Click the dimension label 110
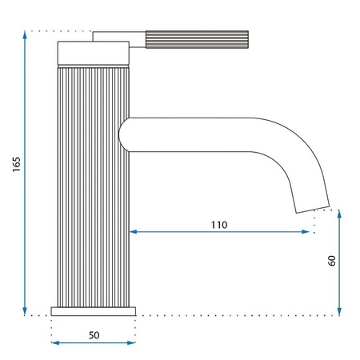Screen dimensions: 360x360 coord(218,225)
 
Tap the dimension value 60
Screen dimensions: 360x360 coord(330,261)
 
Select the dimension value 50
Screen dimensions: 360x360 coord(94,335)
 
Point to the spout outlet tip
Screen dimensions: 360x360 coord(313,207)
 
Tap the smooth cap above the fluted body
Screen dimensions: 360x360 coord(92,54)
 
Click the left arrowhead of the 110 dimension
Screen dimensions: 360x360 coord(134,232)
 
